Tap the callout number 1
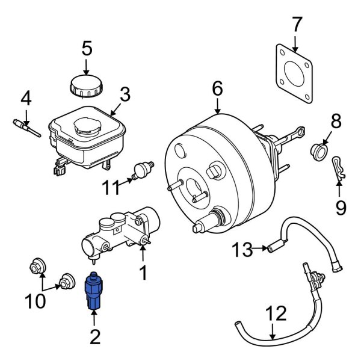(x=143, y=273)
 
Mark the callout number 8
(x=335, y=121)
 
